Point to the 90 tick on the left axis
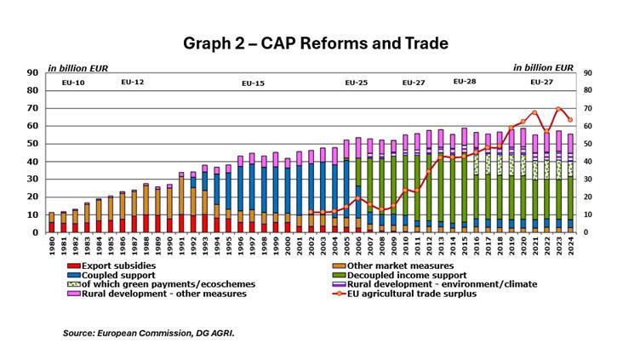click(x=35, y=72)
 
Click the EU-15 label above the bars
click(x=254, y=83)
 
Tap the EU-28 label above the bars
click(x=465, y=82)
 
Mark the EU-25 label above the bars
click(x=356, y=83)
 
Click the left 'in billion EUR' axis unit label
click(x=77, y=66)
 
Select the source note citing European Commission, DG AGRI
click(x=148, y=334)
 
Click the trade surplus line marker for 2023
click(x=558, y=109)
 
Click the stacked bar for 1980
click(x=52, y=222)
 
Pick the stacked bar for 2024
click(x=570, y=183)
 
